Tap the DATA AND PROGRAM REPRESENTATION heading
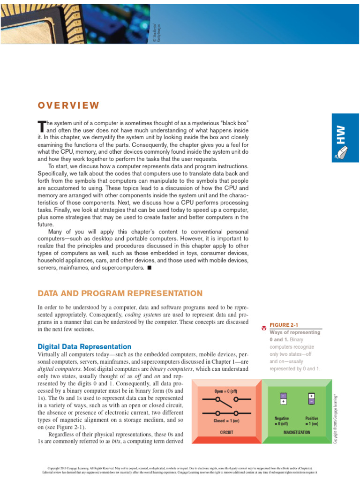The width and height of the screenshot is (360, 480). tap(120, 293)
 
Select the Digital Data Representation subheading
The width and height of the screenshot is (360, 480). tap(84, 346)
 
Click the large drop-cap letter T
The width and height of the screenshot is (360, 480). tap(41, 126)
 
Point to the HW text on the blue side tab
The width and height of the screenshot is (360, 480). tap(346, 135)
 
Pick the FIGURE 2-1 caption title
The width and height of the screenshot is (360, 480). tap(284, 325)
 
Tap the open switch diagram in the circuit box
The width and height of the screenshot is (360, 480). tap(226, 399)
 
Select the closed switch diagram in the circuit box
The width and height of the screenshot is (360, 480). tap(226, 413)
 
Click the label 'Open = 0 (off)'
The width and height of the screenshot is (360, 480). tap(226, 391)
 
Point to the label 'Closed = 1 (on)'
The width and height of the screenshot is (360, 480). tap(226, 420)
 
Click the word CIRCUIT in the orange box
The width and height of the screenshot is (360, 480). tap(226, 432)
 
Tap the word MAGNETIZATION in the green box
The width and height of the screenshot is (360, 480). tap(297, 432)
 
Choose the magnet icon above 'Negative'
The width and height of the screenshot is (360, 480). tap(283, 398)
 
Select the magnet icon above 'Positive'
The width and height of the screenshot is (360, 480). tap(311, 398)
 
